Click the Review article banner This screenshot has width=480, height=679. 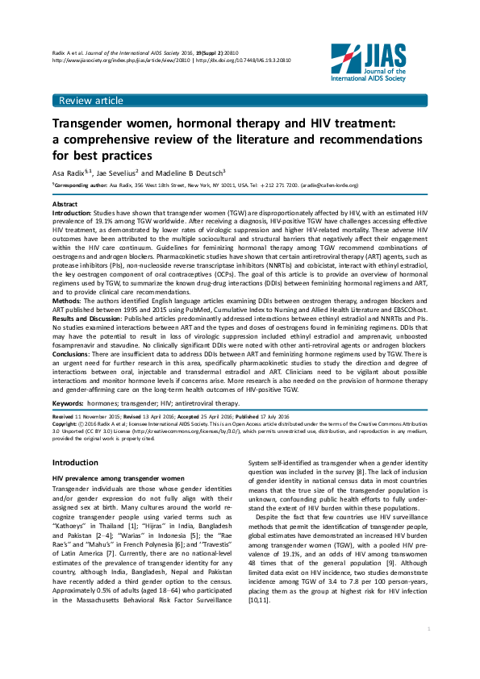pos(90,101)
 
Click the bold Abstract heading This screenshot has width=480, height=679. pos(65,205)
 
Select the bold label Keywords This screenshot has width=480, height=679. pos(69,402)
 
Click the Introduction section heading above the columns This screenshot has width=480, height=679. pos(75,462)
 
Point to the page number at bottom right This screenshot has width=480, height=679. pos(428,651)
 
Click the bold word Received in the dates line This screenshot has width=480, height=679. pos(65,414)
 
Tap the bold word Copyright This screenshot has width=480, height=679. pos(65,422)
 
